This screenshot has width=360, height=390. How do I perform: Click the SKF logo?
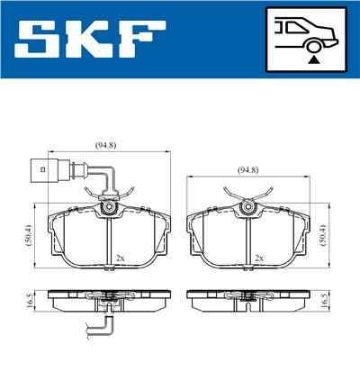tap(90, 39)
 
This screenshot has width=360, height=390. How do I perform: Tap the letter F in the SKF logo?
tap(143, 39)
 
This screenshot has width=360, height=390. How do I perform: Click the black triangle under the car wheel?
tap(313, 60)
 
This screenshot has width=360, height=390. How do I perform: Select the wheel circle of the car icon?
tap(313, 48)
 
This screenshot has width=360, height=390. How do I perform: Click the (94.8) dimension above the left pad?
tap(105, 145)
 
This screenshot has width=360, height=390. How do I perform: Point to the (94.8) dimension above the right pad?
tap(248, 170)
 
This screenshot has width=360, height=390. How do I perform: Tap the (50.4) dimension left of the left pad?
tap(29, 235)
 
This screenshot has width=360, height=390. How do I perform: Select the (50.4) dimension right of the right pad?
tap(323, 235)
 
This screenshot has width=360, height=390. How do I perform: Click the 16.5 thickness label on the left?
tap(29, 301)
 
